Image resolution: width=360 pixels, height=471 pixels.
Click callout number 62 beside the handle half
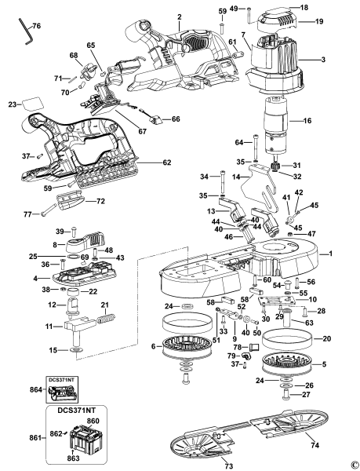[x=166, y=162]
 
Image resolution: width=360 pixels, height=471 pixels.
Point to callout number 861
[x=34, y=436]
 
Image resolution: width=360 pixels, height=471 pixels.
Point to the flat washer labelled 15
[x=77, y=350]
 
